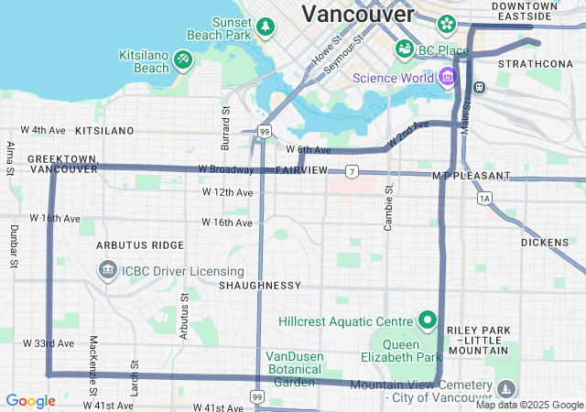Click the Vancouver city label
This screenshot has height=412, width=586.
tap(358, 14)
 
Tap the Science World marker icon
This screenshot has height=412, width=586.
tap(447, 76)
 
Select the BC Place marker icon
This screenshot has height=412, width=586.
tap(404, 48)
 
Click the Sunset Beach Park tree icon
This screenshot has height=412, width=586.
tap(266, 27)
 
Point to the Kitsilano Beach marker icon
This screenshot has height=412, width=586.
tap(183, 60)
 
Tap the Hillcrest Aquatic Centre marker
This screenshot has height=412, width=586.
tap(427, 320)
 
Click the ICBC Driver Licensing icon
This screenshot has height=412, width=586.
tap(108, 271)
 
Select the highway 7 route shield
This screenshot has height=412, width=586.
tap(352, 171)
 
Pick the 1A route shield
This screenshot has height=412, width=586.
tap(484, 198)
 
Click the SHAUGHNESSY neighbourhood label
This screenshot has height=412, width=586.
tap(260, 286)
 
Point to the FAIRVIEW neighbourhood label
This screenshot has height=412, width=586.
tap(301, 171)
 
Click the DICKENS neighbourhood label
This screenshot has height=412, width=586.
tap(551, 243)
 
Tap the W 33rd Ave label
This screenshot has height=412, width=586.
tap(49, 343)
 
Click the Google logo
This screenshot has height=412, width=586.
tap(30, 401)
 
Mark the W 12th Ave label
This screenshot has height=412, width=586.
tap(227, 192)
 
